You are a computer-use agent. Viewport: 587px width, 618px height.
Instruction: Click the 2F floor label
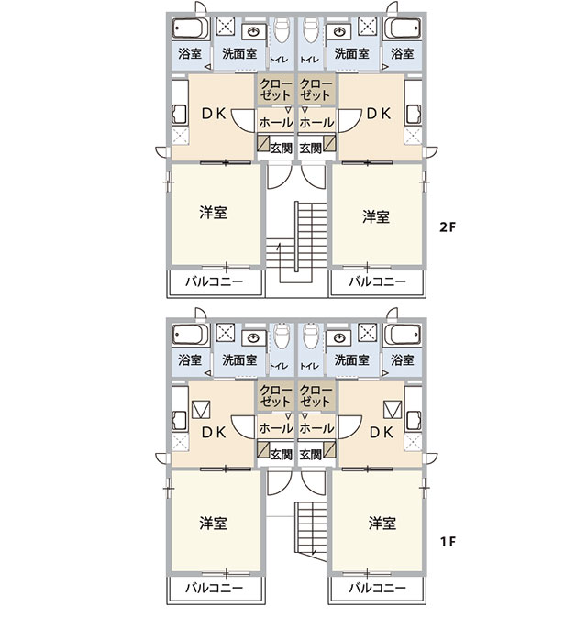447,227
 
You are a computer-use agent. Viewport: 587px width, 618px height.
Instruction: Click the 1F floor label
448,542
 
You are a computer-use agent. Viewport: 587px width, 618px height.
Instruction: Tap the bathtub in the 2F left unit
190,28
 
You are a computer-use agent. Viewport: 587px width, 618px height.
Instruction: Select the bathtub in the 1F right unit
402,335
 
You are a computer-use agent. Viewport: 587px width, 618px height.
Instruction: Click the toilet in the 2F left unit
282,29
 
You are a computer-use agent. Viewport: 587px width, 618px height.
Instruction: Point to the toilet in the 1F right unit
311,336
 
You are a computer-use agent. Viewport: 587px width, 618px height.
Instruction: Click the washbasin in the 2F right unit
339,32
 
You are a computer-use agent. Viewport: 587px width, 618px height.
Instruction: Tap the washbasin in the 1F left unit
253,338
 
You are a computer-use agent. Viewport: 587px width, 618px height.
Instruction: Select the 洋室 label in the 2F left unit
214,213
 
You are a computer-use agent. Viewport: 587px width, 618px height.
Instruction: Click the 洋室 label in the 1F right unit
382,524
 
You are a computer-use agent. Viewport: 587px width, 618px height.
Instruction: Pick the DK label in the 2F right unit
379,114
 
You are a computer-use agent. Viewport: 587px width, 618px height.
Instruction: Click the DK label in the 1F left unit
214,433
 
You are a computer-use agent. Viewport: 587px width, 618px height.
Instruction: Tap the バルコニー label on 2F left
215,281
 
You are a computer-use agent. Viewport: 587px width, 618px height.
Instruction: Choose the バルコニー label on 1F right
378,588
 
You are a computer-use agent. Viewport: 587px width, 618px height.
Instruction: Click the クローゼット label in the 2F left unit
276,90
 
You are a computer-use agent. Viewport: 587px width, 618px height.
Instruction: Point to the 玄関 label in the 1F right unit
311,455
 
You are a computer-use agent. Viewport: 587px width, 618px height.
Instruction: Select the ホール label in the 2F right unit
316,123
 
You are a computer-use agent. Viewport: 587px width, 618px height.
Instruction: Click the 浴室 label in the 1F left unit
190,359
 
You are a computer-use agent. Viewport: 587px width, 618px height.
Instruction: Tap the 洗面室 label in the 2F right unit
352,53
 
